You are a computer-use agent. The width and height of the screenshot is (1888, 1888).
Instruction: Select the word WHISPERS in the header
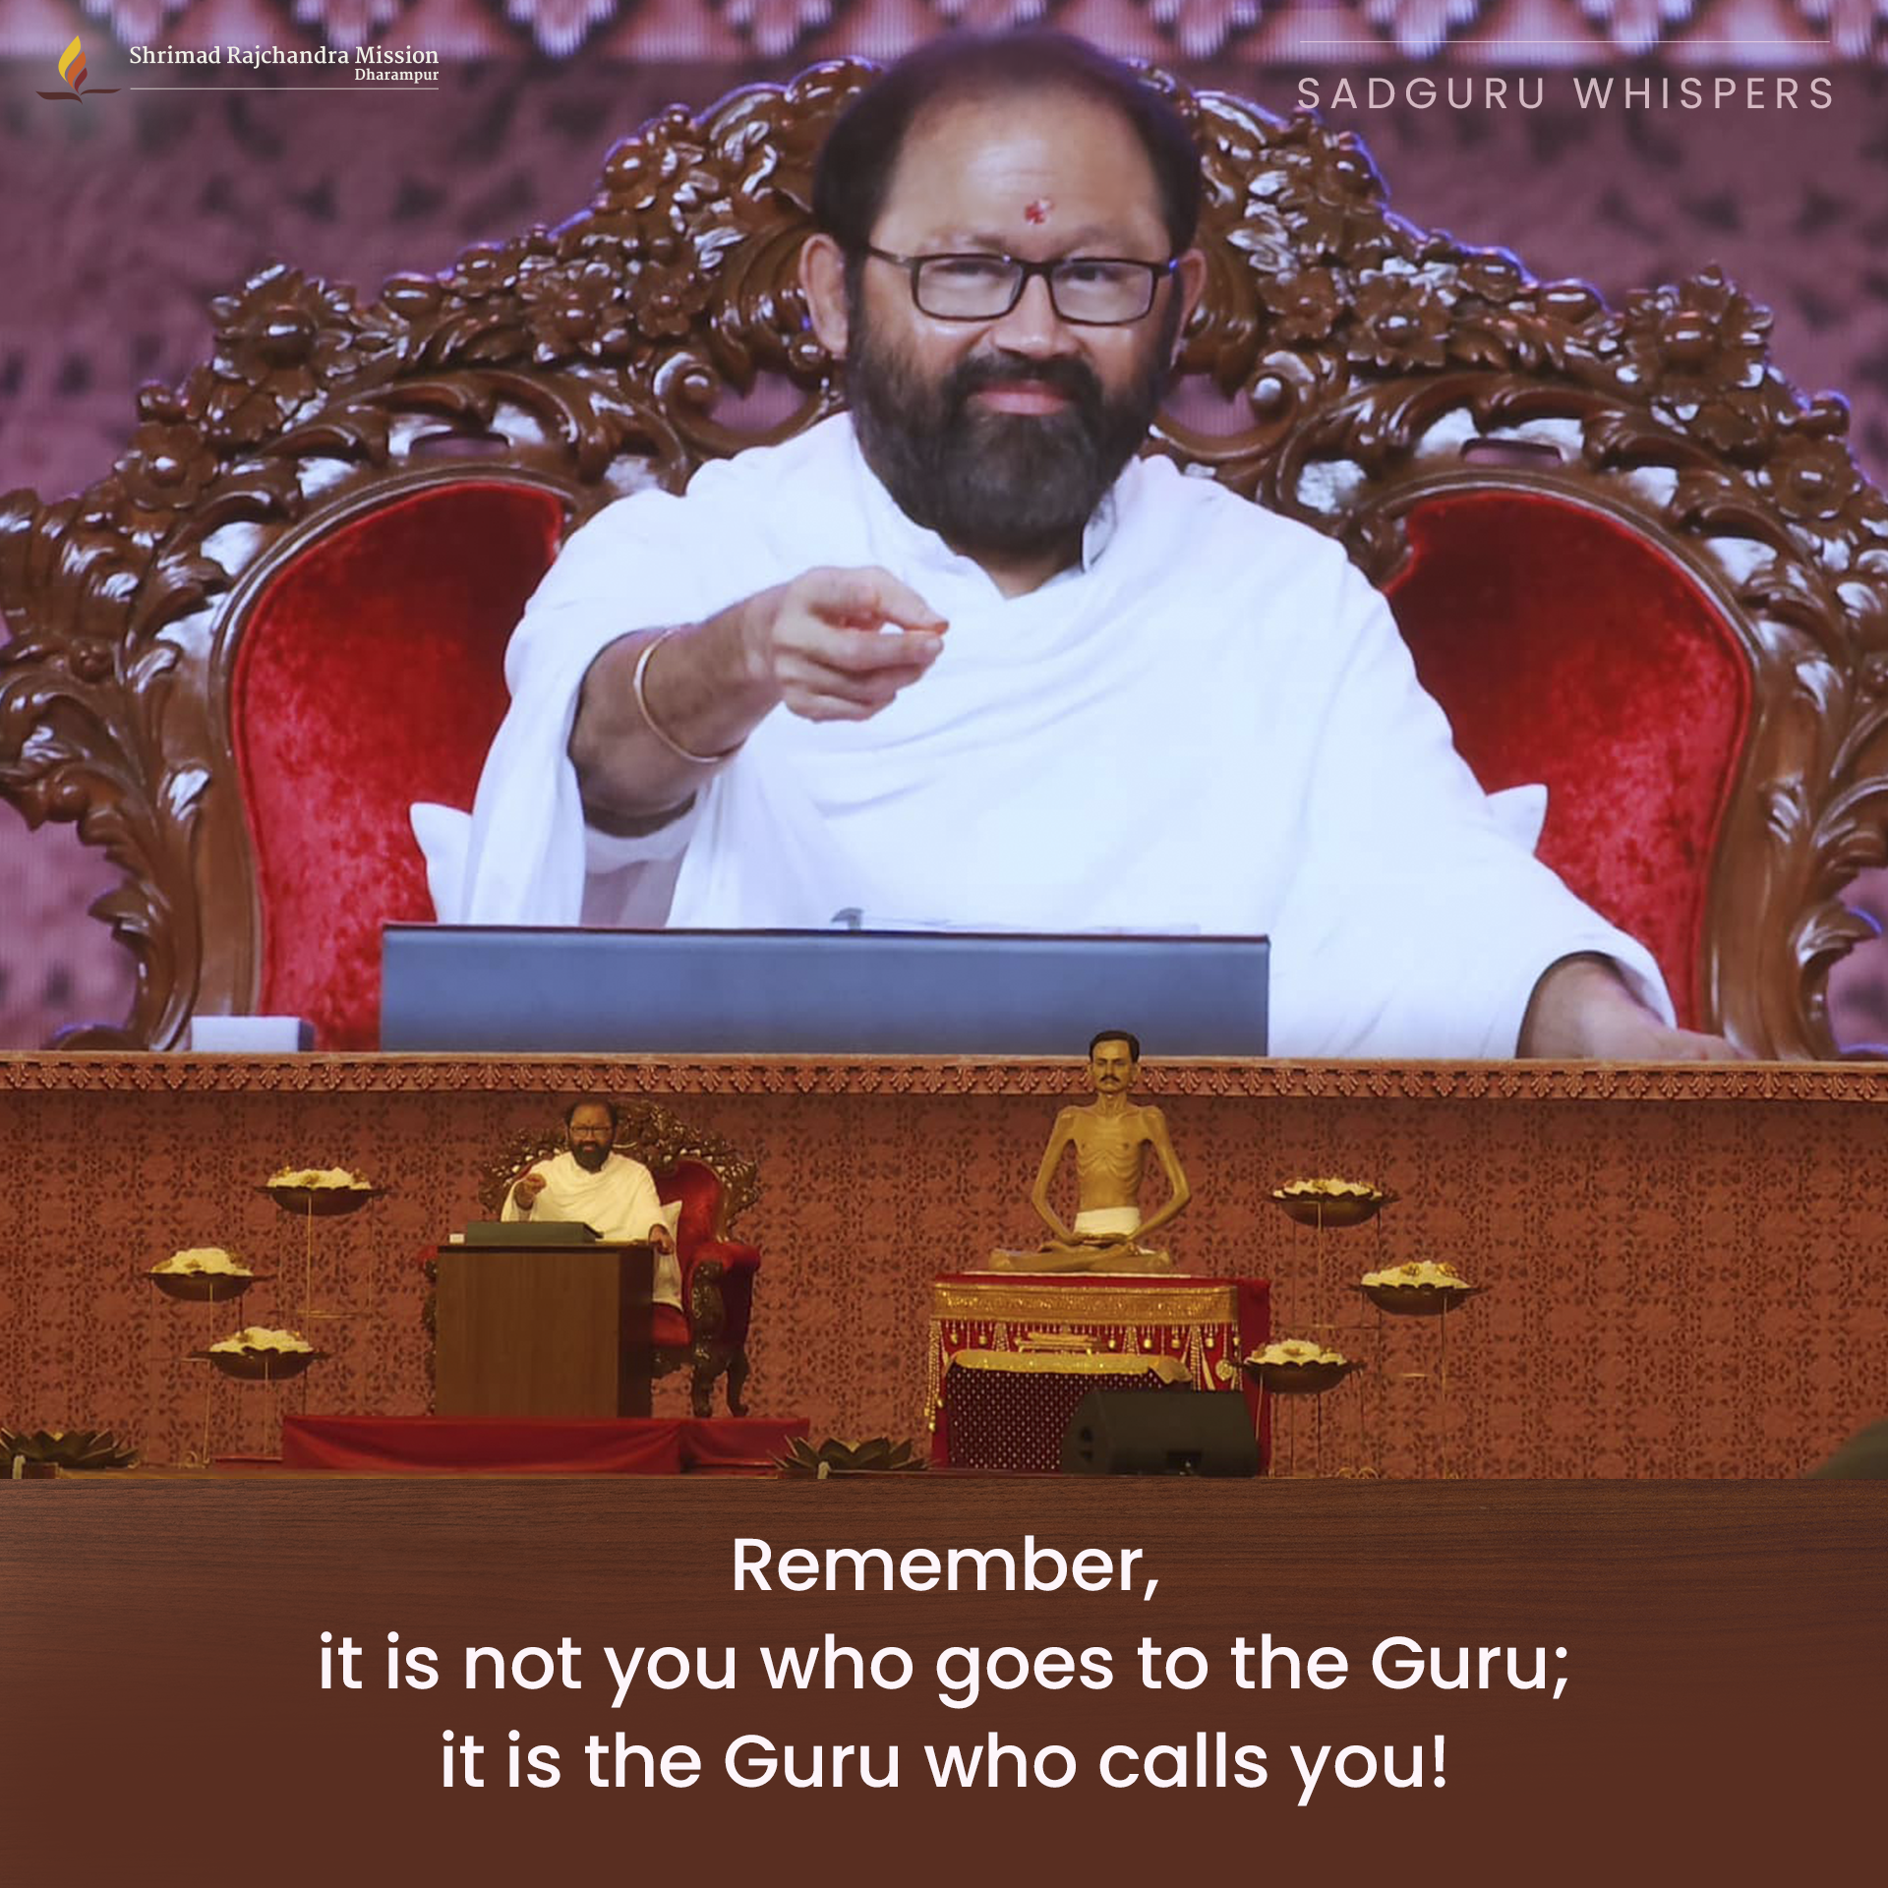1705,94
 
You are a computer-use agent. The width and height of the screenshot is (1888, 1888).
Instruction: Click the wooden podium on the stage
544,1327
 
